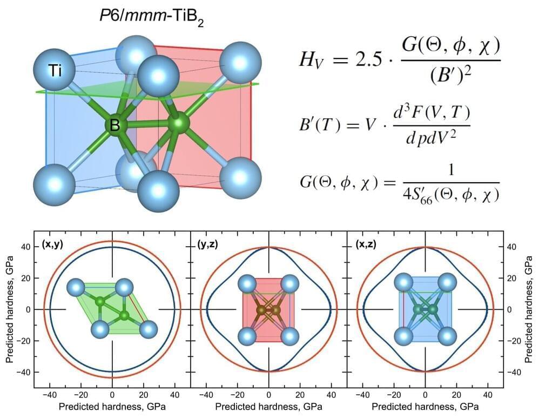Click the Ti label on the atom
click(55, 71)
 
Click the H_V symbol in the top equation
click(310, 61)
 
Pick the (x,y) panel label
click(53, 244)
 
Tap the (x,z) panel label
click(366, 244)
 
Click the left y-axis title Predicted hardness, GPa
click(9, 309)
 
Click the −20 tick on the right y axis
click(514, 341)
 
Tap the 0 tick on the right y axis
click(510, 309)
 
